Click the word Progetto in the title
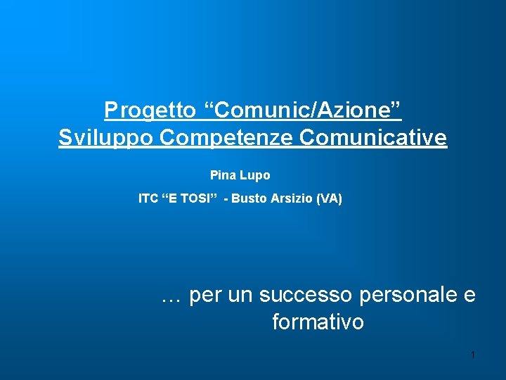point(150,110)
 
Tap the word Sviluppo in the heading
point(106,138)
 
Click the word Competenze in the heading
point(226,138)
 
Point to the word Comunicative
point(373,138)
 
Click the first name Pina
point(223,175)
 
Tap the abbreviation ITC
point(148,199)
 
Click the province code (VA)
point(329,199)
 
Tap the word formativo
point(318,322)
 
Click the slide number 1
point(473,355)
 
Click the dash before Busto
point(226,199)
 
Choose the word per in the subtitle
point(205,297)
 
